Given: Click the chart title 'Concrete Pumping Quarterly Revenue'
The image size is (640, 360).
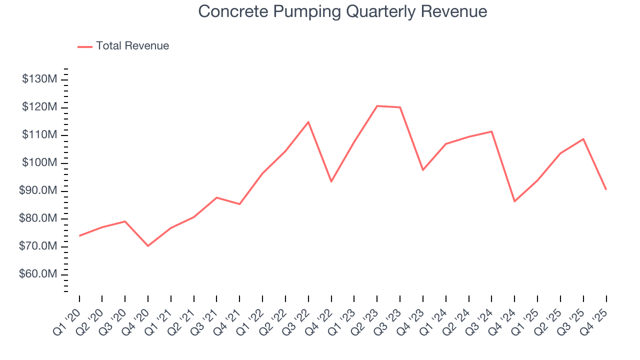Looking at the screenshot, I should [342, 11].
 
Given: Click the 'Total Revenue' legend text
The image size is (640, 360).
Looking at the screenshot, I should [132, 46].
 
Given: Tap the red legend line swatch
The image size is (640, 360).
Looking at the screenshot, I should [85, 46].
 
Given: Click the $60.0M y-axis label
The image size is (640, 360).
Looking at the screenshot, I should [38, 274].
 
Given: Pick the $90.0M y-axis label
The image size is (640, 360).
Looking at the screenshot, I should [38, 191].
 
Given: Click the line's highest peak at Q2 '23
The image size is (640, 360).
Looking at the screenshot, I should [377, 106].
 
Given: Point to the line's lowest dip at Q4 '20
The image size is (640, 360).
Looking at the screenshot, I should [148, 246].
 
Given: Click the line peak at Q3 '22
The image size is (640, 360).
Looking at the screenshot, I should [308, 122].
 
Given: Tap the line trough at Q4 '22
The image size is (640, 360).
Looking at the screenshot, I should [331, 181].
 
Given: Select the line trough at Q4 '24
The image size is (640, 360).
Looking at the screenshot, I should [514, 201].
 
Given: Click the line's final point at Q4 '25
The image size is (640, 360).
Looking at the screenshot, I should [606, 189].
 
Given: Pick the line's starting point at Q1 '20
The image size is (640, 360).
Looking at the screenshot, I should [79, 235].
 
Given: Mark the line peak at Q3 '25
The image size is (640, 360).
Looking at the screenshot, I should [583, 139].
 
